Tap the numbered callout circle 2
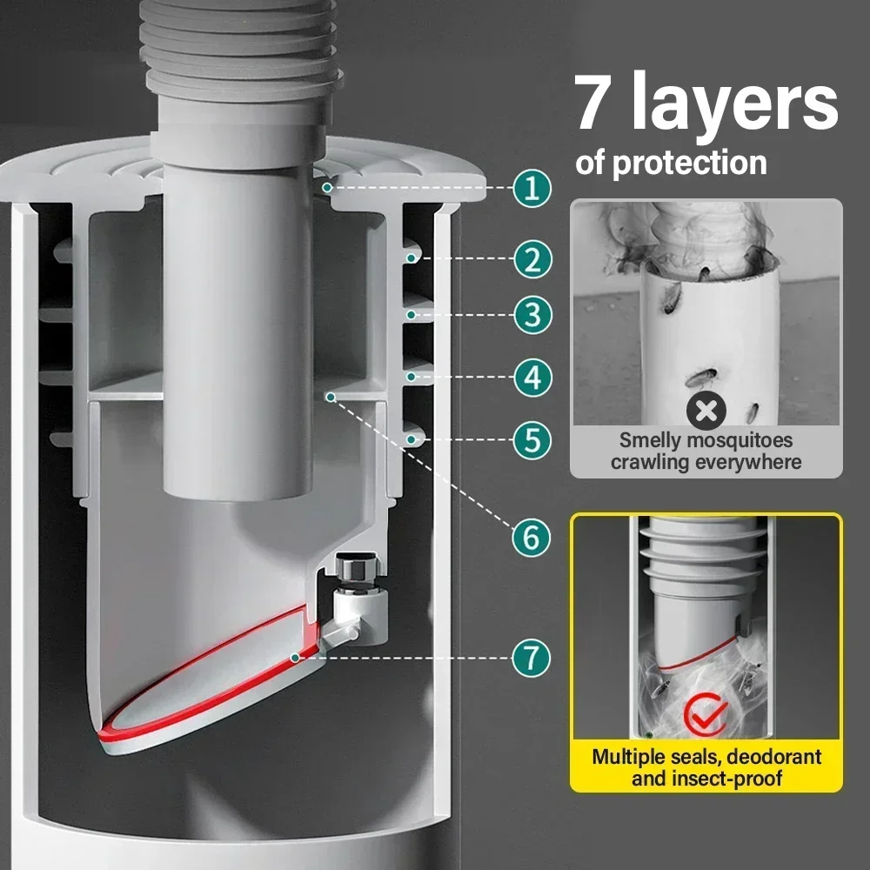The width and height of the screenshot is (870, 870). [532, 258]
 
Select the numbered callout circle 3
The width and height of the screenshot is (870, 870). [532, 314]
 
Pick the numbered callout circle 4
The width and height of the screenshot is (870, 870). [532, 378]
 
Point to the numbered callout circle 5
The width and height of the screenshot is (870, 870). [532, 440]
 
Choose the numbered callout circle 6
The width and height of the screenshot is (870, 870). [532, 539]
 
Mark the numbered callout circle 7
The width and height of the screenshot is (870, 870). [532, 657]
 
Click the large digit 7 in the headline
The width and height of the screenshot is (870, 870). [600, 104]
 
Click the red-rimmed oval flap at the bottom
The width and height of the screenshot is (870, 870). [200, 687]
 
